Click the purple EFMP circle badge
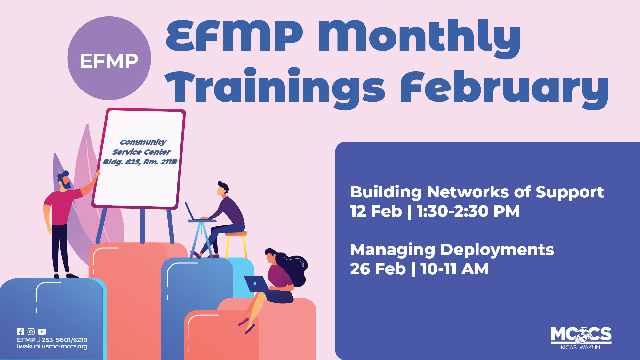pyautogui.click(x=109, y=58)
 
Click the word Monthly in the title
pyautogui.click(x=419, y=37)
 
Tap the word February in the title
pyautogui.click(x=504, y=88)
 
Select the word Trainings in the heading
pyautogui.click(x=275, y=88)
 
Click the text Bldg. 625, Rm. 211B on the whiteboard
pyautogui.click(x=140, y=162)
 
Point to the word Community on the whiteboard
pyautogui.click(x=143, y=142)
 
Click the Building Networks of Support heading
pyautogui.click(x=477, y=192)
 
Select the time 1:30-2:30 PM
pyautogui.click(x=468, y=211)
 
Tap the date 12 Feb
pyautogui.click(x=376, y=211)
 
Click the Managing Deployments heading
pyautogui.click(x=452, y=250)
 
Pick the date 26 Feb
pyautogui.click(x=378, y=269)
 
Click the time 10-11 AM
pyautogui.click(x=454, y=269)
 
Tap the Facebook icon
pyautogui.click(x=20, y=332)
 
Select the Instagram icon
pyautogui.click(x=31, y=332)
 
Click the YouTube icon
pyautogui.click(x=42, y=332)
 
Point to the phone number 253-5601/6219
pyautogui.click(x=64, y=340)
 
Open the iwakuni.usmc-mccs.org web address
pyautogui.click(x=52, y=347)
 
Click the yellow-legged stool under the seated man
pyautogui.click(x=236, y=243)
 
